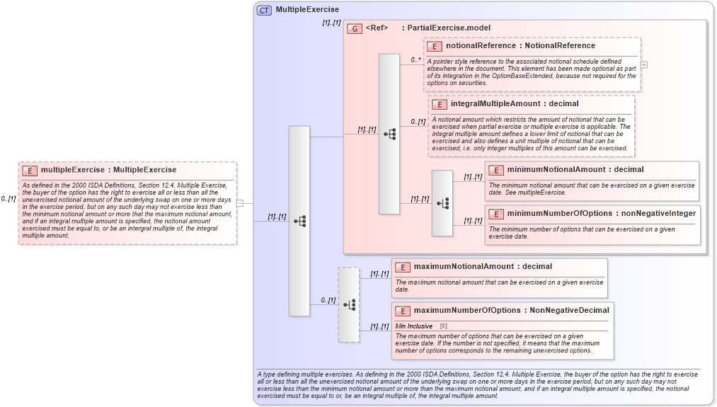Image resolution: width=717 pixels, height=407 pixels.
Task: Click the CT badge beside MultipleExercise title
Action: coord(264,10)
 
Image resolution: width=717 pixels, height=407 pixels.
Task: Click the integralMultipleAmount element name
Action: coord(488,104)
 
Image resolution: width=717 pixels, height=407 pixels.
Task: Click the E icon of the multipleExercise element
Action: coord(30,170)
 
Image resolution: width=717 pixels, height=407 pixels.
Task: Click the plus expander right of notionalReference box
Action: coord(643,64)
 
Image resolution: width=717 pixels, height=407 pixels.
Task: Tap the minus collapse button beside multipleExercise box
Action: coord(240,203)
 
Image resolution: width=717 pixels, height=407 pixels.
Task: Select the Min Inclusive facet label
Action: coord(414,326)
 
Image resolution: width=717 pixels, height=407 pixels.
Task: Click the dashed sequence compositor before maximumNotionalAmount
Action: coord(349,304)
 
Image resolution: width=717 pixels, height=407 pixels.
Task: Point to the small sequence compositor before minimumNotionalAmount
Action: coord(442,203)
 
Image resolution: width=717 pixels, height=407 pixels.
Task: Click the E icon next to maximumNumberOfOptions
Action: coord(402,310)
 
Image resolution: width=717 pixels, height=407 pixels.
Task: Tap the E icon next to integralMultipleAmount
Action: coord(440,104)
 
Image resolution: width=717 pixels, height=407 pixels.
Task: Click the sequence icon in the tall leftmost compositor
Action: coord(299,221)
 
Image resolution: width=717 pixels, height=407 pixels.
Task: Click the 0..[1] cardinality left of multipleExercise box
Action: coord(8,199)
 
